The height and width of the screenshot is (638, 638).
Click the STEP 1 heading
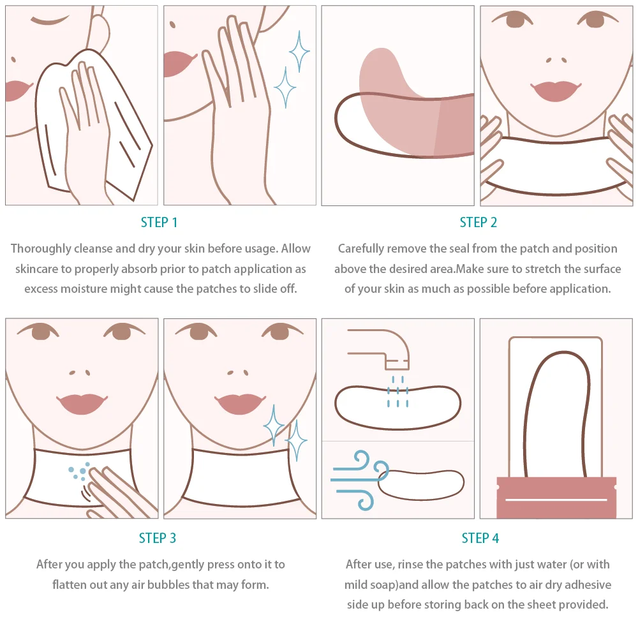159,223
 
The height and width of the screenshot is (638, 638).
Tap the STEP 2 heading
478,223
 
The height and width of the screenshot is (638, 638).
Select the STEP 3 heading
158,538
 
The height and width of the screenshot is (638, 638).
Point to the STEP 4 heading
480,538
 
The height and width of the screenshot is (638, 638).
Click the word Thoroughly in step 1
41,249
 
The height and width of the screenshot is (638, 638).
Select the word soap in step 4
385,585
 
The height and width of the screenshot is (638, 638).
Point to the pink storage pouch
556,497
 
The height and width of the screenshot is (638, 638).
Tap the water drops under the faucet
397,392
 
